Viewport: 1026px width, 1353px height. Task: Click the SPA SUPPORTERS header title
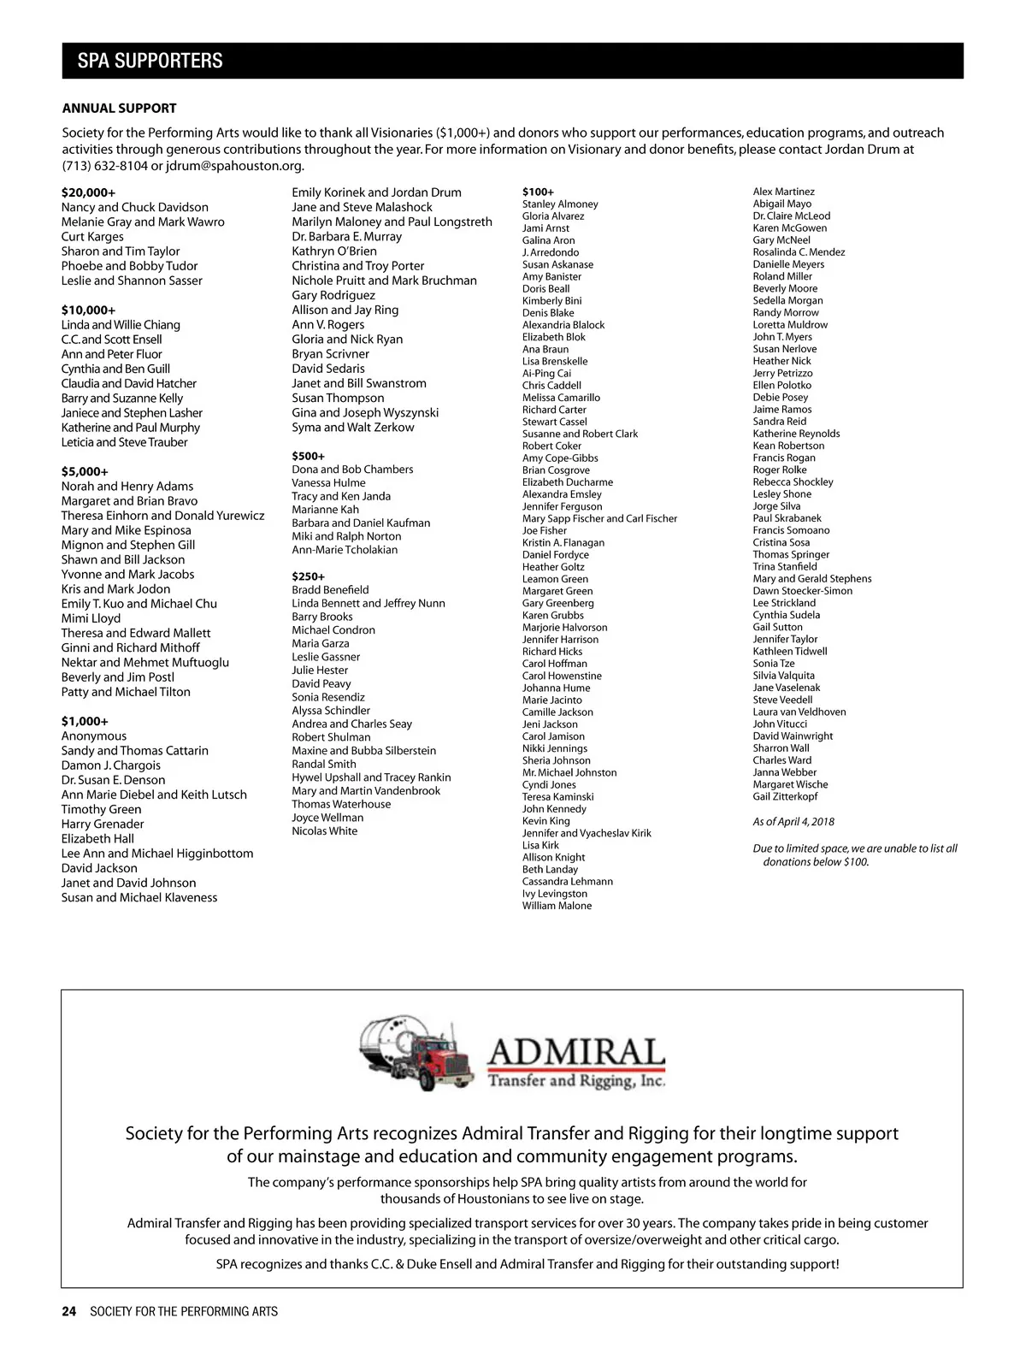pyautogui.click(x=150, y=61)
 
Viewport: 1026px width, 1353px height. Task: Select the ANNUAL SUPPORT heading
pyautogui.click(x=119, y=109)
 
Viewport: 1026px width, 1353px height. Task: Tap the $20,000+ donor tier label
pyautogui.click(x=88, y=192)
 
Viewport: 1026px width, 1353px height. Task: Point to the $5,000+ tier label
pyautogui.click(x=85, y=471)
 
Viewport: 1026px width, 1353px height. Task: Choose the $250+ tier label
pyautogui.click(x=308, y=576)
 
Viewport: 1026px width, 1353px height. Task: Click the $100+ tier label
pyautogui.click(x=538, y=192)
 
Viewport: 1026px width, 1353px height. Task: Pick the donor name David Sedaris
pyautogui.click(x=327, y=369)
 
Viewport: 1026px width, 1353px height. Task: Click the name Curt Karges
pyautogui.click(x=92, y=237)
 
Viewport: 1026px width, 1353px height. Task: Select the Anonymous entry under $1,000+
pyautogui.click(x=93, y=736)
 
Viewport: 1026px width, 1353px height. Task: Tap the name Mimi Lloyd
pyautogui.click(x=91, y=618)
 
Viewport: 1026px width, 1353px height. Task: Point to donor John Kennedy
pyautogui.click(x=554, y=809)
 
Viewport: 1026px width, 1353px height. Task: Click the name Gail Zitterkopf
pyautogui.click(x=785, y=796)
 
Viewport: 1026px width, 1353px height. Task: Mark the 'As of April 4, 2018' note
pyautogui.click(x=793, y=822)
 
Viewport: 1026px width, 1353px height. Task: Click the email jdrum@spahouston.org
pyautogui.click(x=234, y=166)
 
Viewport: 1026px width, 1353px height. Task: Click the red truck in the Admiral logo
pyautogui.click(x=443, y=1061)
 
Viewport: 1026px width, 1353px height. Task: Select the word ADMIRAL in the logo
pyautogui.click(x=575, y=1052)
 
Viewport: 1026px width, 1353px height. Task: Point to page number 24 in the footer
pyautogui.click(x=68, y=1311)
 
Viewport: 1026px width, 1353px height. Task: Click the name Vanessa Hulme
pyautogui.click(x=328, y=483)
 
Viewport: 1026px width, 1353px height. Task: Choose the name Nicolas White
pyautogui.click(x=324, y=831)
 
